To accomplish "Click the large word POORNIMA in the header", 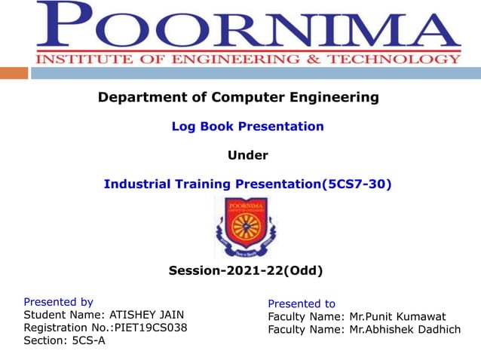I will (249, 26).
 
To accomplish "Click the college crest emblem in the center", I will (245, 227).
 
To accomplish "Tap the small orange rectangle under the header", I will (14, 73).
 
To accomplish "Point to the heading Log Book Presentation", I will (247, 127).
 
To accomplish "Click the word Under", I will (247, 156).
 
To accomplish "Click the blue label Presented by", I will (59, 301).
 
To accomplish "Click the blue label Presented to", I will (302, 304).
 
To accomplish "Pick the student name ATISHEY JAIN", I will (146, 315).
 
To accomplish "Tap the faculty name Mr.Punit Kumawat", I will (397, 316).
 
